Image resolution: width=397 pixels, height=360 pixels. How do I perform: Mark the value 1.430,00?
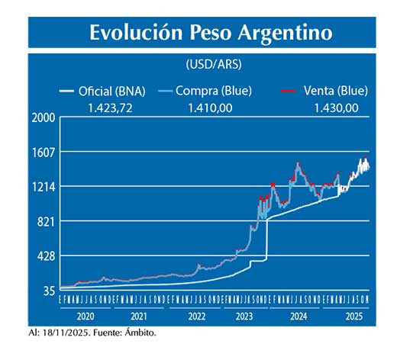click(x=336, y=108)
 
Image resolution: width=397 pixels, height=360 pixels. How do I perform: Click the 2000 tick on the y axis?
click(x=44, y=117)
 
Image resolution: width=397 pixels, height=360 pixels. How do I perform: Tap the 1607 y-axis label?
click(x=44, y=152)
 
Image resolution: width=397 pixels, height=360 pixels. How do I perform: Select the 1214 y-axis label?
click(x=44, y=187)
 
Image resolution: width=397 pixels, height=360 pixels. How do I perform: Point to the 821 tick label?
click(x=46, y=222)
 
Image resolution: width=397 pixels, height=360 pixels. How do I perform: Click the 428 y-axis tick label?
click(x=46, y=256)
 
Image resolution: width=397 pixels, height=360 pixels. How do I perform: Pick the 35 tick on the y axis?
click(x=48, y=291)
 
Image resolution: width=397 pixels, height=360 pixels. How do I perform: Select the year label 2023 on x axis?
click(x=244, y=316)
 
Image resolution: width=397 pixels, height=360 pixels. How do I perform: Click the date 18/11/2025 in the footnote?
click(x=68, y=333)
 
